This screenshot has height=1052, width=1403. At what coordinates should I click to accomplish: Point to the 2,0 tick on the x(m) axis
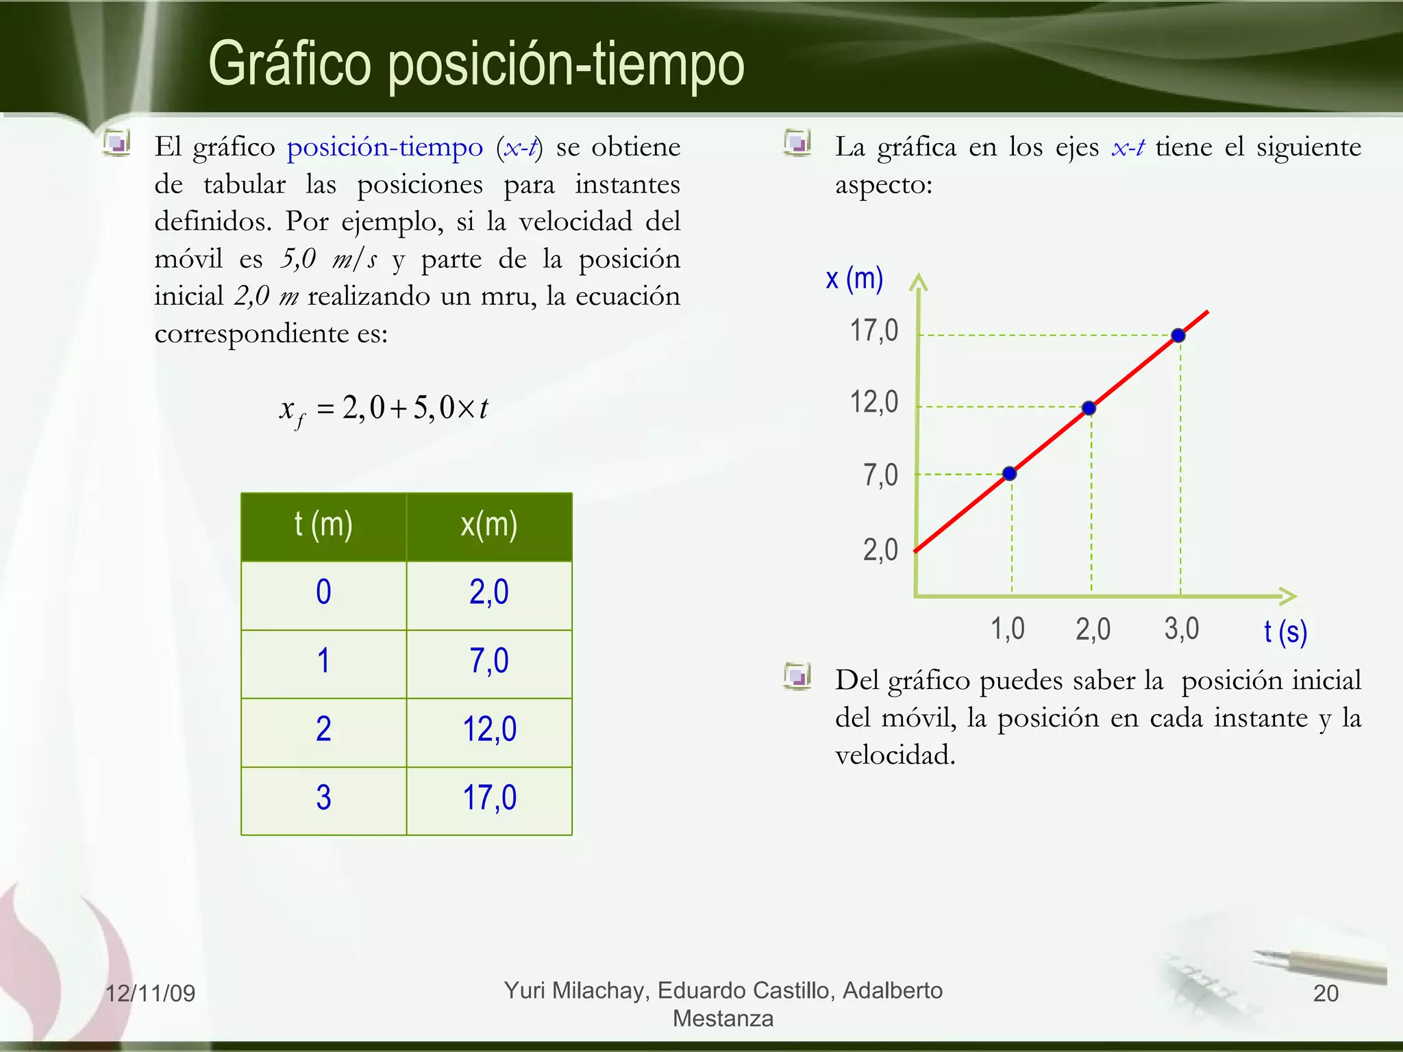point(880,550)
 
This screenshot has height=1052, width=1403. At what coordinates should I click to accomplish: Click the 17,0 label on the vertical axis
point(873,331)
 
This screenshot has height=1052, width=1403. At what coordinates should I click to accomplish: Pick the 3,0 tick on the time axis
point(1182,628)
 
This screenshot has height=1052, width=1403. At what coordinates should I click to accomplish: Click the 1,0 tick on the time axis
point(1008,628)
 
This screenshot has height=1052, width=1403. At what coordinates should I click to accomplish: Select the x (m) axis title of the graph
point(854,279)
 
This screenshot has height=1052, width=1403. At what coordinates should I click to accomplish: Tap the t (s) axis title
point(1285,631)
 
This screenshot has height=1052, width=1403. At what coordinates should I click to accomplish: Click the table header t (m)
point(323,525)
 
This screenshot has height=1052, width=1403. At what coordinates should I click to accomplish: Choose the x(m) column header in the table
point(488,525)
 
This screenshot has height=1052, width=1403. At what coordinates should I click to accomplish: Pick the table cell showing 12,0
point(489,729)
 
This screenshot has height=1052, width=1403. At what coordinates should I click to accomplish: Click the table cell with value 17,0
point(489,798)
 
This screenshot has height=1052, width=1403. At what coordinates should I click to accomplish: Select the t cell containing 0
point(323,592)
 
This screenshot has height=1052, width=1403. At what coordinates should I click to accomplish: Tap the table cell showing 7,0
point(489,661)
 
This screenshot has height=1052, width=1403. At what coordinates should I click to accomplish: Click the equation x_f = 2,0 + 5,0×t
point(384,410)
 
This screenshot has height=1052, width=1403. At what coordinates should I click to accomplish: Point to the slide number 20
point(1326,993)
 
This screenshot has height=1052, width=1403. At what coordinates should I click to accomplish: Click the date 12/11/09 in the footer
point(150,993)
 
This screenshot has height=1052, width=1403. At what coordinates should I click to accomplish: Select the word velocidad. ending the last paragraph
point(895,755)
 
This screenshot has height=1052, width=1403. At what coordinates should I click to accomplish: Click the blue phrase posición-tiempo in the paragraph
point(384,147)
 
